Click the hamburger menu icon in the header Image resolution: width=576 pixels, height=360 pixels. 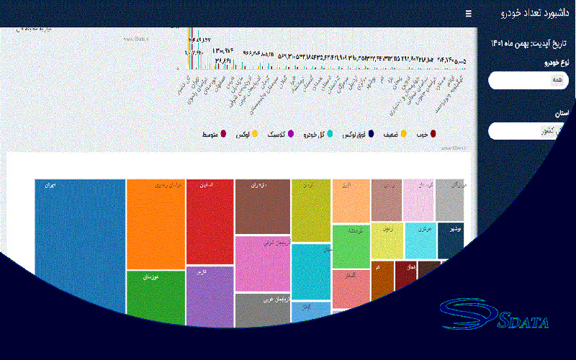[469, 14]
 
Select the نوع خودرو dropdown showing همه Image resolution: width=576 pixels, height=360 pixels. [529, 81]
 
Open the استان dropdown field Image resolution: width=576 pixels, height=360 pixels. [529, 131]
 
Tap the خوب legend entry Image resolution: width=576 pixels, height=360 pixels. [426, 134]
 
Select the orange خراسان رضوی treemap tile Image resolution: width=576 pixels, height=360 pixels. [155, 223]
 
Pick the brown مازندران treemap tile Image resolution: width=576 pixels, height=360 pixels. [262, 206]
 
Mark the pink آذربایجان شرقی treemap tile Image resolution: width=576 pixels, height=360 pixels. [262, 263]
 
